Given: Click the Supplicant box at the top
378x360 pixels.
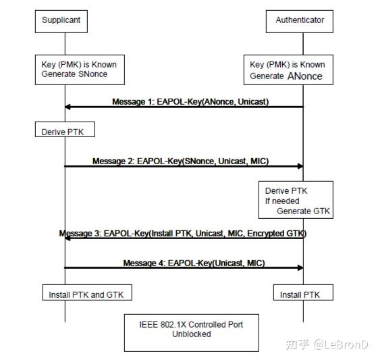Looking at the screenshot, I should pos(61,20).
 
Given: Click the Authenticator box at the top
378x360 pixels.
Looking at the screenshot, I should pos(299,20).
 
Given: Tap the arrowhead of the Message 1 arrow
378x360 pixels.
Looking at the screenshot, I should pos(69,107).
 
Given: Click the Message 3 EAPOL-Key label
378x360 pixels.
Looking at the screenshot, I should pos(183,234).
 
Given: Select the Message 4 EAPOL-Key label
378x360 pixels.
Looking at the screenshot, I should pos(194,262).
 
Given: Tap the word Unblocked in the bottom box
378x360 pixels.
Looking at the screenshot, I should pos(192,334).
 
